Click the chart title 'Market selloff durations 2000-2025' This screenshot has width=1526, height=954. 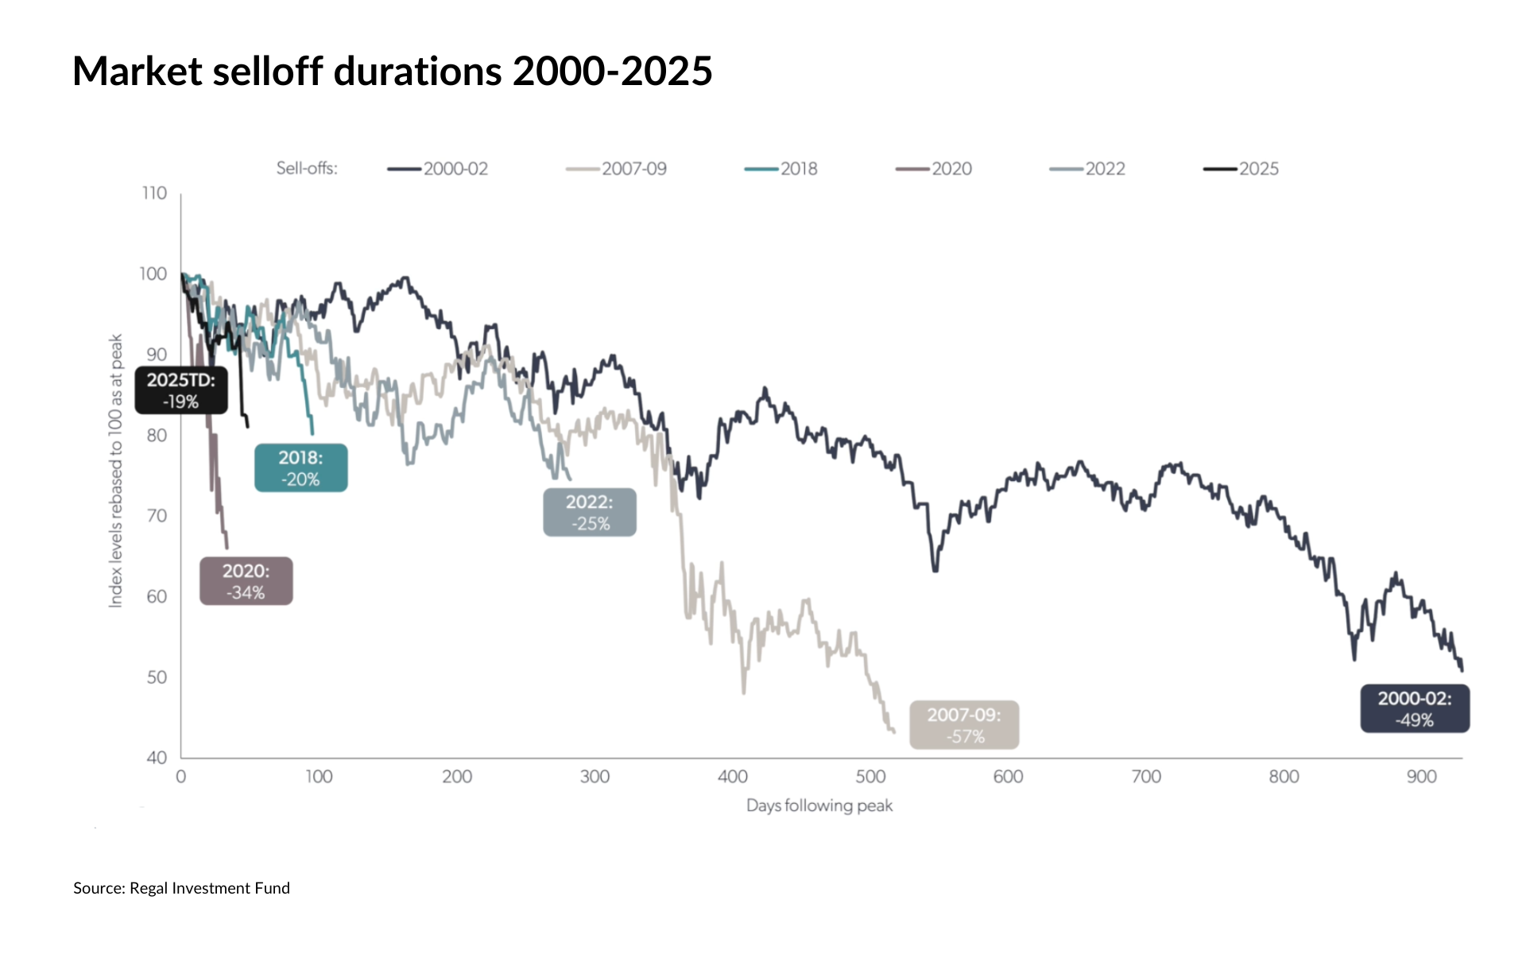pyautogui.click(x=393, y=72)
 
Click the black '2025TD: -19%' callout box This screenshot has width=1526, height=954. pyautogui.click(x=181, y=390)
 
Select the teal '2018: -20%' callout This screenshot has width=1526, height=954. pyautogui.click(x=300, y=468)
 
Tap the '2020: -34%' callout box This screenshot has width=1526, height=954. pyautogui.click(x=246, y=581)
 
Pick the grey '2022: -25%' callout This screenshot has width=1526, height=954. pyautogui.click(x=590, y=513)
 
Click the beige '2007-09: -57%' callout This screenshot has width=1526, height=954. pyautogui.click(x=964, y=725)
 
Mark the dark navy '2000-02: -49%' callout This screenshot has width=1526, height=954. pyautogui.click(x=1415, y=709)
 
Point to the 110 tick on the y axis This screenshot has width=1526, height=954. pyautogui.click(x=154, y=193)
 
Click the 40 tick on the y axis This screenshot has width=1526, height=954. pyautogui.click(x=157, y=758)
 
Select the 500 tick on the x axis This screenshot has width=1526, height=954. pyautogui.click(x=870, y=777)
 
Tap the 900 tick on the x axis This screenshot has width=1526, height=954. pyautogui.click(x=1421, y=777)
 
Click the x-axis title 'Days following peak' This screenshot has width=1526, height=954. pyautogui.click(x=819, y=805)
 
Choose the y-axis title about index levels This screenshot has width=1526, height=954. pyautogui.click(x=116, y=471)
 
